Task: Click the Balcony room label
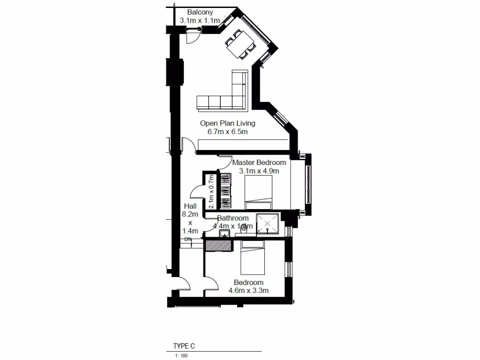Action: point(200,12)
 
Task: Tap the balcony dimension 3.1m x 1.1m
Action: point(200,21)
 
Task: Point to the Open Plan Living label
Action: point(227,123)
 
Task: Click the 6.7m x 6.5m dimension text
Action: point(227,132)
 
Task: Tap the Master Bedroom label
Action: point(259,163)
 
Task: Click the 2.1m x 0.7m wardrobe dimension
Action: point(211,191)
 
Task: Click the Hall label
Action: point(190,206)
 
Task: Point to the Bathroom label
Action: point(232,218)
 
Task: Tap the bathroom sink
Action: point(225,234)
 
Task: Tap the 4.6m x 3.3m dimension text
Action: point(248,291)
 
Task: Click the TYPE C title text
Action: point(184,346)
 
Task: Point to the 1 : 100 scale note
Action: point(180,356)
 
